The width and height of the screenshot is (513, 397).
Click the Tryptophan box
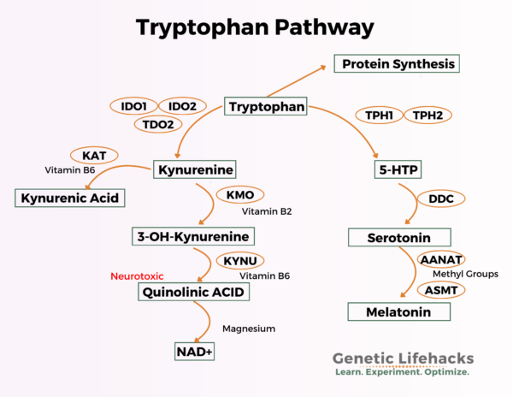point(265,107)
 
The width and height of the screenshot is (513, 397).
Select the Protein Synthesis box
point(397,63)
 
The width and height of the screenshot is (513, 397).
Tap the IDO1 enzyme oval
point(133,107)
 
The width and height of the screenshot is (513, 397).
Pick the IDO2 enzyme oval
point(182,107)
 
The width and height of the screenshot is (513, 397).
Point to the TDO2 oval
point(158,125)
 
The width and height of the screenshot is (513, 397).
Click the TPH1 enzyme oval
point(377,115)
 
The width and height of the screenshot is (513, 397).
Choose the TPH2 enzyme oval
point(427,115)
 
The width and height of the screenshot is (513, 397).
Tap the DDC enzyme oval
point(441,198)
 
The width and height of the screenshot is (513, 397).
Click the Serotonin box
point(399,236)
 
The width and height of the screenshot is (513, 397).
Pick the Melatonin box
point(398,311)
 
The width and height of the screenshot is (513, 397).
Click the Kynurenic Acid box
point(70,198)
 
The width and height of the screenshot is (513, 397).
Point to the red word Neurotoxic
point(137,276)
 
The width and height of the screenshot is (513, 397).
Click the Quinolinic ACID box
point(198,293)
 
